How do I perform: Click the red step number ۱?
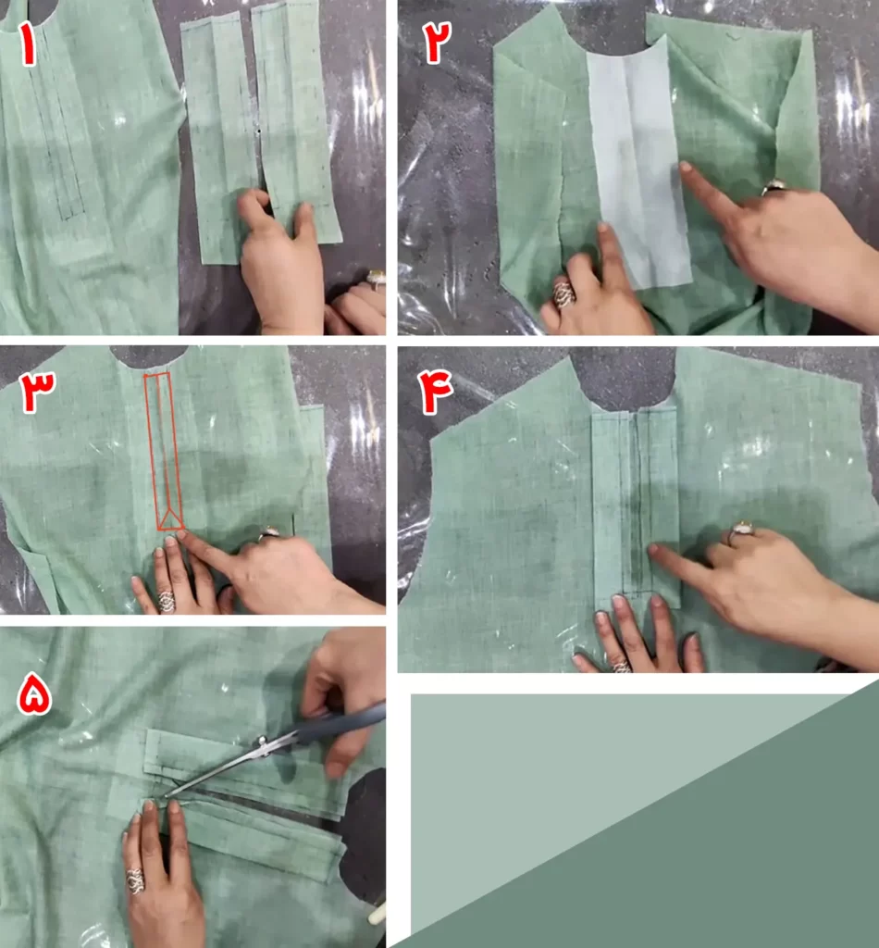coord(28,44)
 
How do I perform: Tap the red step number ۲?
coord(437,43)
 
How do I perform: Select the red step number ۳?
coord(37,392)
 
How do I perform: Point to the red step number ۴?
coord(434,392)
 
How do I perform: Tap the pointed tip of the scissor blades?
coord(166,795)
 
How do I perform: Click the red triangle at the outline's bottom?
coord(170,518)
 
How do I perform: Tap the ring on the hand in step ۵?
coord(135,881)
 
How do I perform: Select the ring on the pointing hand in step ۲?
coord(774,187)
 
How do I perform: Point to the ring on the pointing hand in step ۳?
coord(267,534)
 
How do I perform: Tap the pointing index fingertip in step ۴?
coord(653,550)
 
